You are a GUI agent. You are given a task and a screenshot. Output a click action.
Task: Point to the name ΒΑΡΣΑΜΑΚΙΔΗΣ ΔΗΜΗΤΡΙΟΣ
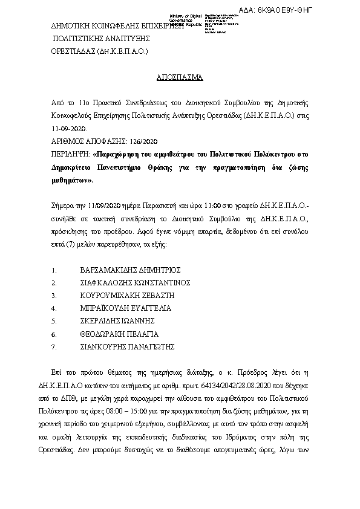coord(130,270)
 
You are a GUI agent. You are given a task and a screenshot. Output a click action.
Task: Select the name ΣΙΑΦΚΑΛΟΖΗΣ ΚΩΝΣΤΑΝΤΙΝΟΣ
coord(136,282)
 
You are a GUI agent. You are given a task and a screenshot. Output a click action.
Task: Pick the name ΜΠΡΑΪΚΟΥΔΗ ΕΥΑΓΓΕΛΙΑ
coord(126,308)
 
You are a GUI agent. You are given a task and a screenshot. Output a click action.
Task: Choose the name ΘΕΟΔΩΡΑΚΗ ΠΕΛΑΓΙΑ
coord(119,334)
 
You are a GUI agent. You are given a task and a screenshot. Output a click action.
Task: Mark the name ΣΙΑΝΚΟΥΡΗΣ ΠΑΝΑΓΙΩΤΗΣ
coord(128,346)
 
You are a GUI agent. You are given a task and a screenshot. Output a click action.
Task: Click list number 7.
coord(54,347)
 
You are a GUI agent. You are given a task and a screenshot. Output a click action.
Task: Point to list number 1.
coord(54,270)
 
